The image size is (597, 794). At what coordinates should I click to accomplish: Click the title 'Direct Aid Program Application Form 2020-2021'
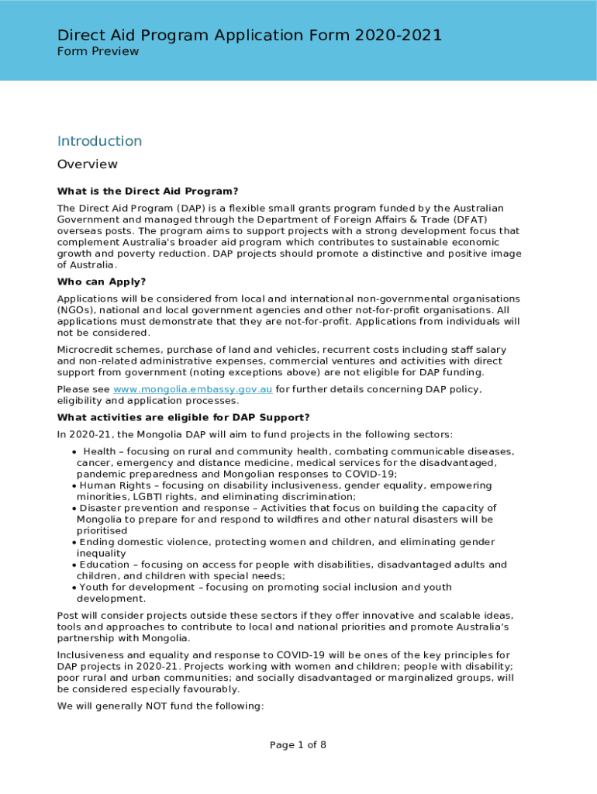250,35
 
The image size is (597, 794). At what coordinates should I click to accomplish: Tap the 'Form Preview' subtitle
98,52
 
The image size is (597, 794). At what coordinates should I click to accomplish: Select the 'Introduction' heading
99,141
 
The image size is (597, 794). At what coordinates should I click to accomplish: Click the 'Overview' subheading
88,164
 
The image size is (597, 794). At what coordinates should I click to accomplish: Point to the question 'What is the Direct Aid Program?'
147,192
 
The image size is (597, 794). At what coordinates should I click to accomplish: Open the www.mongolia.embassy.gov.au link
192,389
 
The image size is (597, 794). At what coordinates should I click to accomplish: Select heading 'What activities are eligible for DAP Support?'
183,418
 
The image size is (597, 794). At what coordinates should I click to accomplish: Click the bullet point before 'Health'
74,452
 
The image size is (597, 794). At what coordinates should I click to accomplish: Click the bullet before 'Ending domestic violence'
74,542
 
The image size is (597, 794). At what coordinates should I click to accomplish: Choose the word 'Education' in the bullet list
104,564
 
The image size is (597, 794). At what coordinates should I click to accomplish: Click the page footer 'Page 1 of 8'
298,745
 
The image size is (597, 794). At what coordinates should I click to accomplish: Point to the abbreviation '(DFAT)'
464,219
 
